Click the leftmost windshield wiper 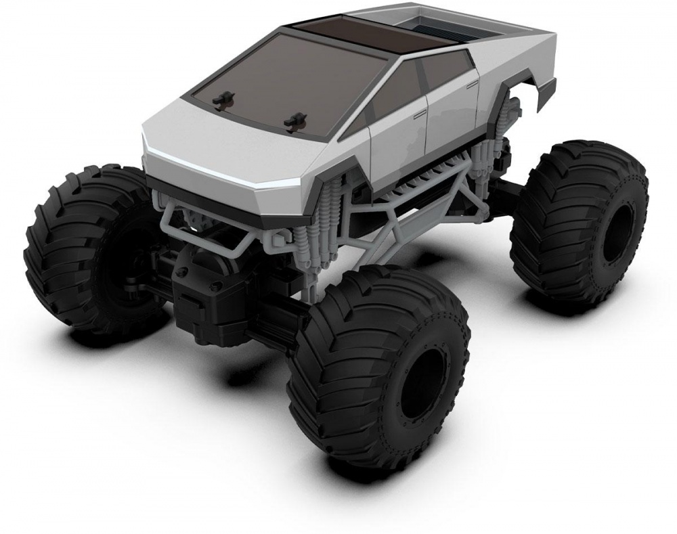[221, 100]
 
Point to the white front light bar [223, 169]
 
